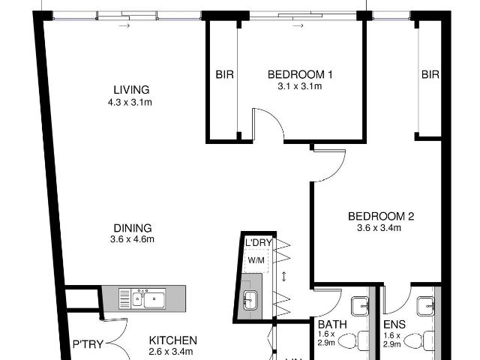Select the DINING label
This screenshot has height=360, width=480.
pos(131,228)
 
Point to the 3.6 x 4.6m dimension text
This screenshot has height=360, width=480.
pos(131,240)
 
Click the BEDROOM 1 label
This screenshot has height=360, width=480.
pos(300,74)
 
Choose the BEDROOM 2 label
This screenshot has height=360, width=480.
pos(381,217)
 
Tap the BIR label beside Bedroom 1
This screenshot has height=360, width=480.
pos(223,74)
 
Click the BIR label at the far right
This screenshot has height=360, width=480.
pos(430,74)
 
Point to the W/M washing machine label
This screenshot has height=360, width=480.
pos(256,259)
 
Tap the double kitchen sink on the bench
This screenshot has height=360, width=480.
pos(147,299)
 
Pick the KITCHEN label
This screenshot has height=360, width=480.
pos(172,340)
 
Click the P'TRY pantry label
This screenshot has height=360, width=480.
pos(88,345)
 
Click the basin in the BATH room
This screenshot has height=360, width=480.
pos(361,304)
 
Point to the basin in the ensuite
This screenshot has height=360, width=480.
pos(427,304)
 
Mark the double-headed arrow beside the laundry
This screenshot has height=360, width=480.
pos(284,277)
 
